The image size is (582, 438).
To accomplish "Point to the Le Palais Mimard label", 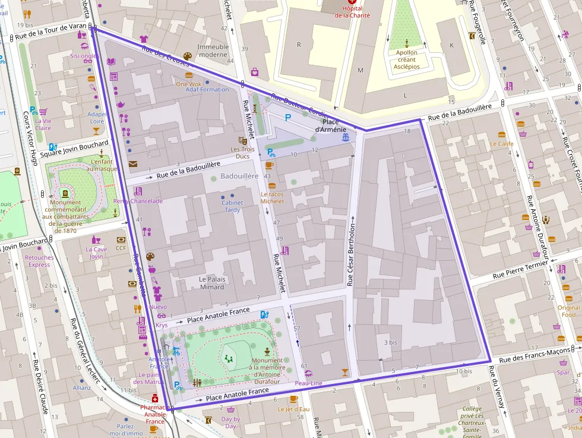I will coord(211,283).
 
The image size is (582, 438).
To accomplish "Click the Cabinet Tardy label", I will coord(232,206).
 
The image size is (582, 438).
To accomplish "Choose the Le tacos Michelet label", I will coord(272,198).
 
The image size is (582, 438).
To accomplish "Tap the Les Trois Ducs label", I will coord(240,153).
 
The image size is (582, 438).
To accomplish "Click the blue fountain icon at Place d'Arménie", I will coord(345,137).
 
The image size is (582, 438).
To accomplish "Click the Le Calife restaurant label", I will coord(502,144).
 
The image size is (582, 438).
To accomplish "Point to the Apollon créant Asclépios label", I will coord(407,59).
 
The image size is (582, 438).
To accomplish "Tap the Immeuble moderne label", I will coord(213,51).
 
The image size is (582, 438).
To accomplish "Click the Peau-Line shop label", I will coord(308,383).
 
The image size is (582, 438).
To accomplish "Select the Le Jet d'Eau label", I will coord(293,409).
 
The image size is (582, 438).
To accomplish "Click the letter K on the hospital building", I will coord(451,46).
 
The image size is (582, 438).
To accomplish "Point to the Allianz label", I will coord(82,387).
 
